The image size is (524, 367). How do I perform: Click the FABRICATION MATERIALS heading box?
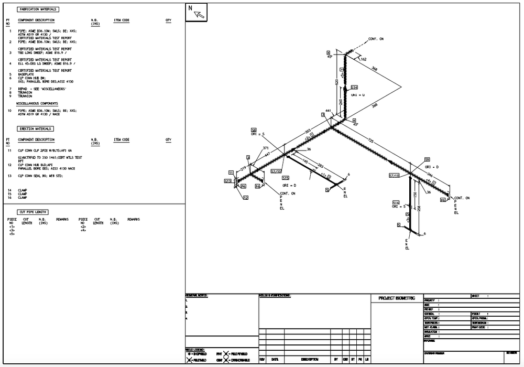tap(38, 9)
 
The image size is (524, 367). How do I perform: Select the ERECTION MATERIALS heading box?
tap(36, 128)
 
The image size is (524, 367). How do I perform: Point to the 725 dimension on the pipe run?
tap(370, 141)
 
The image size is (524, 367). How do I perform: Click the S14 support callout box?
tap(354, 87)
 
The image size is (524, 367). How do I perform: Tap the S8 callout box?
tap(254, 129)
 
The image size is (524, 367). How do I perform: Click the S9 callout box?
tap(427, 159)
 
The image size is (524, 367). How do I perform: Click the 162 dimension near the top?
tap(363, 59)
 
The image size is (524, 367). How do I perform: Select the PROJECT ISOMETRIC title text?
tap(397, 298)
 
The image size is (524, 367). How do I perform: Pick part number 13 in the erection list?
tap(9, 176)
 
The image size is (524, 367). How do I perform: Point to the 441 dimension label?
tap(328, 111)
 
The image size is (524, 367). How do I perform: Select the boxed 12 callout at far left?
tap(245, 198)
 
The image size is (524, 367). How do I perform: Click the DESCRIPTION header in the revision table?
tap(308, 360)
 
